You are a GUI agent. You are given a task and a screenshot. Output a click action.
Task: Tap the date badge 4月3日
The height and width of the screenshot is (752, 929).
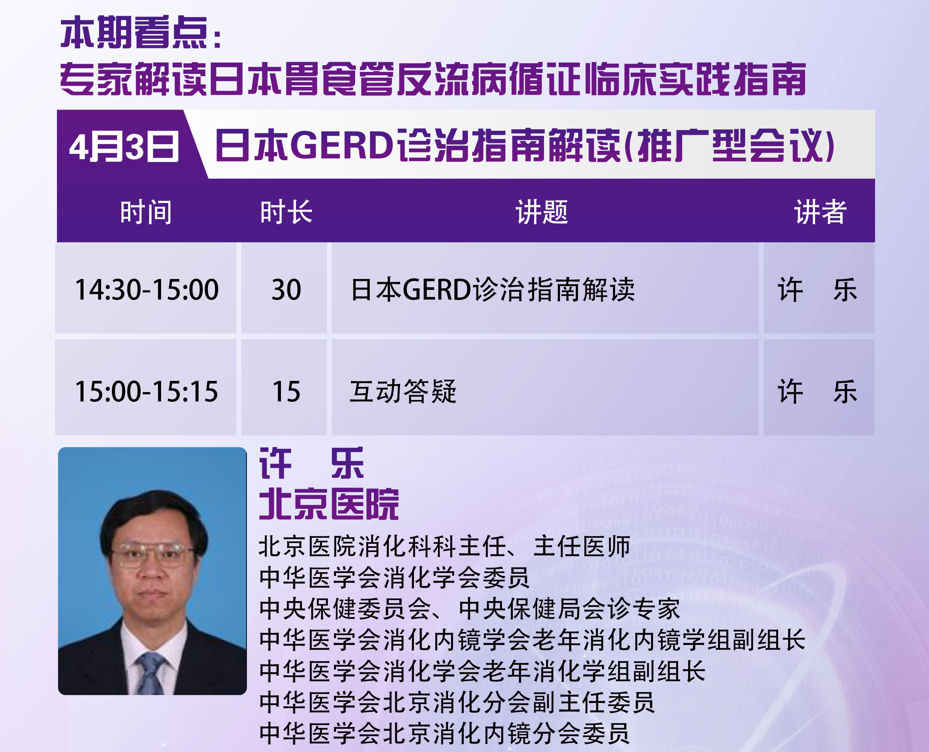(124, 147)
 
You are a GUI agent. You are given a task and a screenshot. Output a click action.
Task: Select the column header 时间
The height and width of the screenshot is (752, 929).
(146, 212)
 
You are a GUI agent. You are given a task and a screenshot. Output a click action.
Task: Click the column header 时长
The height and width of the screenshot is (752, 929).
(286, 212)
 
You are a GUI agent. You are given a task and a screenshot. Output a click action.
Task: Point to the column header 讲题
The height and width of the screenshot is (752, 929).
(542, 212)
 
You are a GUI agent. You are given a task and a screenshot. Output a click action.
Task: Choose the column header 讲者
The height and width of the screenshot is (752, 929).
(820, 212)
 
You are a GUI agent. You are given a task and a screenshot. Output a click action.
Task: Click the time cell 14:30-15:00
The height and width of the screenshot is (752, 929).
(146, 289)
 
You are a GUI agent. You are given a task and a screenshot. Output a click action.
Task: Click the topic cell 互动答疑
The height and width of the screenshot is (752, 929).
(403, 391)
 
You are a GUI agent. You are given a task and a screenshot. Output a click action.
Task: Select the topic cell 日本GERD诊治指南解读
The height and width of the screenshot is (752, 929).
(493, 289)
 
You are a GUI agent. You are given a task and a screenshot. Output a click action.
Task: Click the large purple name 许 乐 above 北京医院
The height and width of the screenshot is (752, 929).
(312, 464)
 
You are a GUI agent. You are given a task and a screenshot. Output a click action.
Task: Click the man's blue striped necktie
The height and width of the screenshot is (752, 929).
(150, 674)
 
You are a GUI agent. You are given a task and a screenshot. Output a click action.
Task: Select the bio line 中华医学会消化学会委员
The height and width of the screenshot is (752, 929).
(394, 577)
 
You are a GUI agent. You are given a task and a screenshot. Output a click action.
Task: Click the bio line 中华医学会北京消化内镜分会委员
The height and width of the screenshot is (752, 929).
(444, 733)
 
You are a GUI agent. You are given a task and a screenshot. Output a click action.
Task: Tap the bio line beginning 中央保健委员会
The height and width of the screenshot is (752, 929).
(470, 609)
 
